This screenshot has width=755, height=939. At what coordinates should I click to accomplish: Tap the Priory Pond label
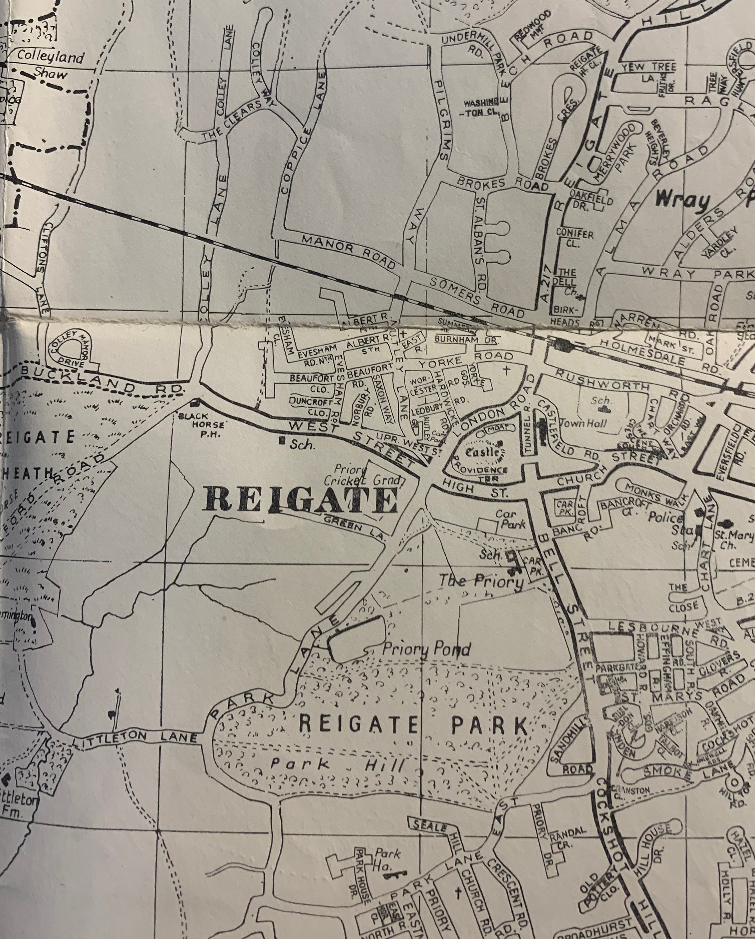coord(426,650)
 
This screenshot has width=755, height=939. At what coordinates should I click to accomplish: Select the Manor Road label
coord(349,251)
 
